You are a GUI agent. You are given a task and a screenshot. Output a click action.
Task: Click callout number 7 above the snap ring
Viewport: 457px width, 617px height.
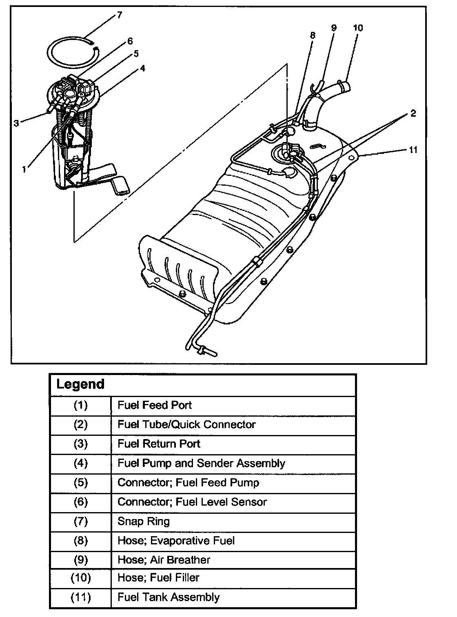pyautogui.click(x=119, y=16)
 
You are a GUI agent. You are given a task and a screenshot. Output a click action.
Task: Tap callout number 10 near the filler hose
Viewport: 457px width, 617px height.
pyautogui.click(x=358, y=28)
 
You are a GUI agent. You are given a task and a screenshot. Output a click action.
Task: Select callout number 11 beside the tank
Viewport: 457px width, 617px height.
pyautogui.click(x=413, y=150)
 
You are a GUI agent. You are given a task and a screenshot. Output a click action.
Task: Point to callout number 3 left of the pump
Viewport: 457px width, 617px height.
pyautogui.click(x=16, y=123)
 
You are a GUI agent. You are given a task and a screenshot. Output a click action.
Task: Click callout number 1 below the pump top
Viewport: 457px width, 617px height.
pyautogui.click(x=24, y=169)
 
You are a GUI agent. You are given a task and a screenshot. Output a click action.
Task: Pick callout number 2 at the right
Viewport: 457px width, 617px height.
pyautogui.click(x=413, y=113)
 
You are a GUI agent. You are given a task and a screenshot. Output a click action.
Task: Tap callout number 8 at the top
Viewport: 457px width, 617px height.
pyautogui.click(x=313, y=35)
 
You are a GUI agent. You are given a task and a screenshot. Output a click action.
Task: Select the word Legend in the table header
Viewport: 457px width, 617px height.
pyautogui.click(x=80, y=384)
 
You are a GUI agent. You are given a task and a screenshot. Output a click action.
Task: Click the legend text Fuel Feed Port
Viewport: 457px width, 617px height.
pyautogui.click(x=154, y=405)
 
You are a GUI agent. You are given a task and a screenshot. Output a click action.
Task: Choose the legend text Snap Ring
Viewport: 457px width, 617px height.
pyautogui.click(x=143, y=521)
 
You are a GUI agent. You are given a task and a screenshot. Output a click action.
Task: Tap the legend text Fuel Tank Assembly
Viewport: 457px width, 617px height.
pyautogui.click(x=168, y=597)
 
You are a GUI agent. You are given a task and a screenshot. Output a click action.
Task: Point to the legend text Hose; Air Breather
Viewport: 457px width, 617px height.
pyautogui.click(x=164, y=559)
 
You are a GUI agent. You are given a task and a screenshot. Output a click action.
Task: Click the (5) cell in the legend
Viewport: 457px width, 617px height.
pyautogui.click(x=80, y=483)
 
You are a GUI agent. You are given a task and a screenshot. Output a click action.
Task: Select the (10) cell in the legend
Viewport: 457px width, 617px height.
pyautogui.click(x=80, y=578)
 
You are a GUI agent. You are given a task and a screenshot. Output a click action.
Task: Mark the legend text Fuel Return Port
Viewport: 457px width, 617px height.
pyautogui.click(x=159, y=444)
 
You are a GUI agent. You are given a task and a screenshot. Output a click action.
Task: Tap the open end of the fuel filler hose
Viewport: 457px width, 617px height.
pyautogui.click(x=345, y=87)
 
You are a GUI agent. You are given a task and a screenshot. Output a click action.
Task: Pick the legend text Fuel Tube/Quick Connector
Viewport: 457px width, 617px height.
pyautogui.click(x=186, y=424)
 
